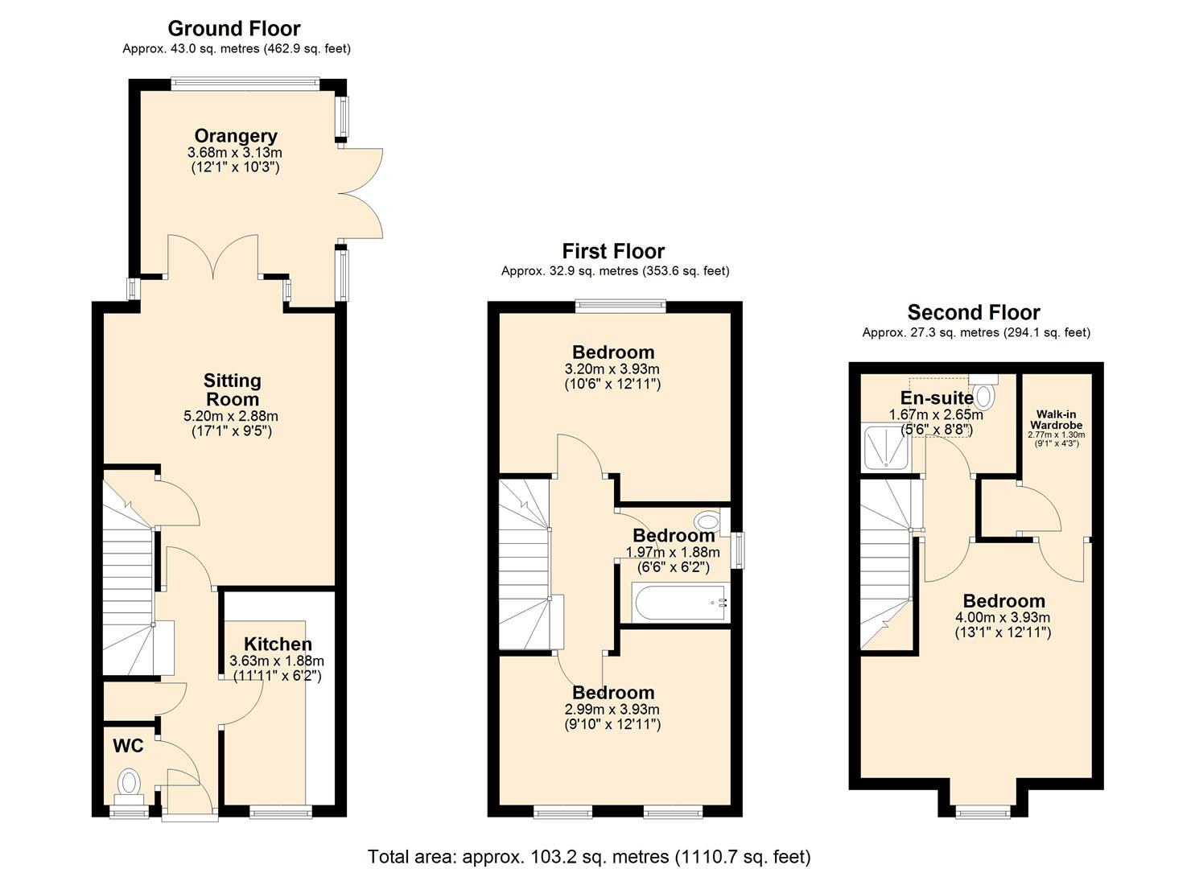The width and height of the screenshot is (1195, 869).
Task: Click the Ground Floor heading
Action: pyautogui.click(x=233, y=29)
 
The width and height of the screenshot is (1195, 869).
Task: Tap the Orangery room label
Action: pyautogui.click(x=235, y=136)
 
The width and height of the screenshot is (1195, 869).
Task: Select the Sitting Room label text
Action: pyautogui.click(x=232, y=389)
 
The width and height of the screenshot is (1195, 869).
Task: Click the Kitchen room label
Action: pyautogui.click(x=278, y=644)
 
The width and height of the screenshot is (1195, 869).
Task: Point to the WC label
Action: pyautogui.click(x=128, y=746)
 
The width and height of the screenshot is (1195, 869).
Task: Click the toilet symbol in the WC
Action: pyautogui.click(x=129, y=783)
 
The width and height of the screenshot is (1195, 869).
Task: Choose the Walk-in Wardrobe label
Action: pyautogui.click(x=1056, y=419)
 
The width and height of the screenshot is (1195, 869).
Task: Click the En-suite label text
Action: pyautogui.click(x=937, y=398)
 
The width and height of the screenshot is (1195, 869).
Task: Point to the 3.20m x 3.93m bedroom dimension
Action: pyautogui.click(x=612, y=369)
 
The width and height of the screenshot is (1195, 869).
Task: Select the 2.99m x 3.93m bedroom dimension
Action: pyautogui.click(x=612, y=709)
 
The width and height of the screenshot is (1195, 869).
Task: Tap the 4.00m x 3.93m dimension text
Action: pyautogui.click(x=1003, y=617)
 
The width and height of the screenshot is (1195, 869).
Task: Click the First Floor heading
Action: pyautogui.click(x=613, y=251)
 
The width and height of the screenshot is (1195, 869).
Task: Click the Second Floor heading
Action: pyautogui.click(x=974, y=312)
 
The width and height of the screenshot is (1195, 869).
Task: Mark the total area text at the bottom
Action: pyautogui.click(x=588, y=856)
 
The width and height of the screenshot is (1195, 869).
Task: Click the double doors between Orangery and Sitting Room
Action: pyautogui.click(x=213, y=257)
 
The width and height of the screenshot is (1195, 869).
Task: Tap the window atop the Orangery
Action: pyautogui.click(x=245, y=80)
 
